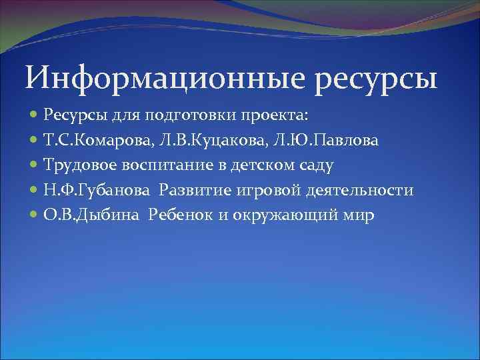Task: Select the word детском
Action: tap(261, 166)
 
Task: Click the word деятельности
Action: tap(360, 191)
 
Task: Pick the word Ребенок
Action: tap(177, 215)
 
